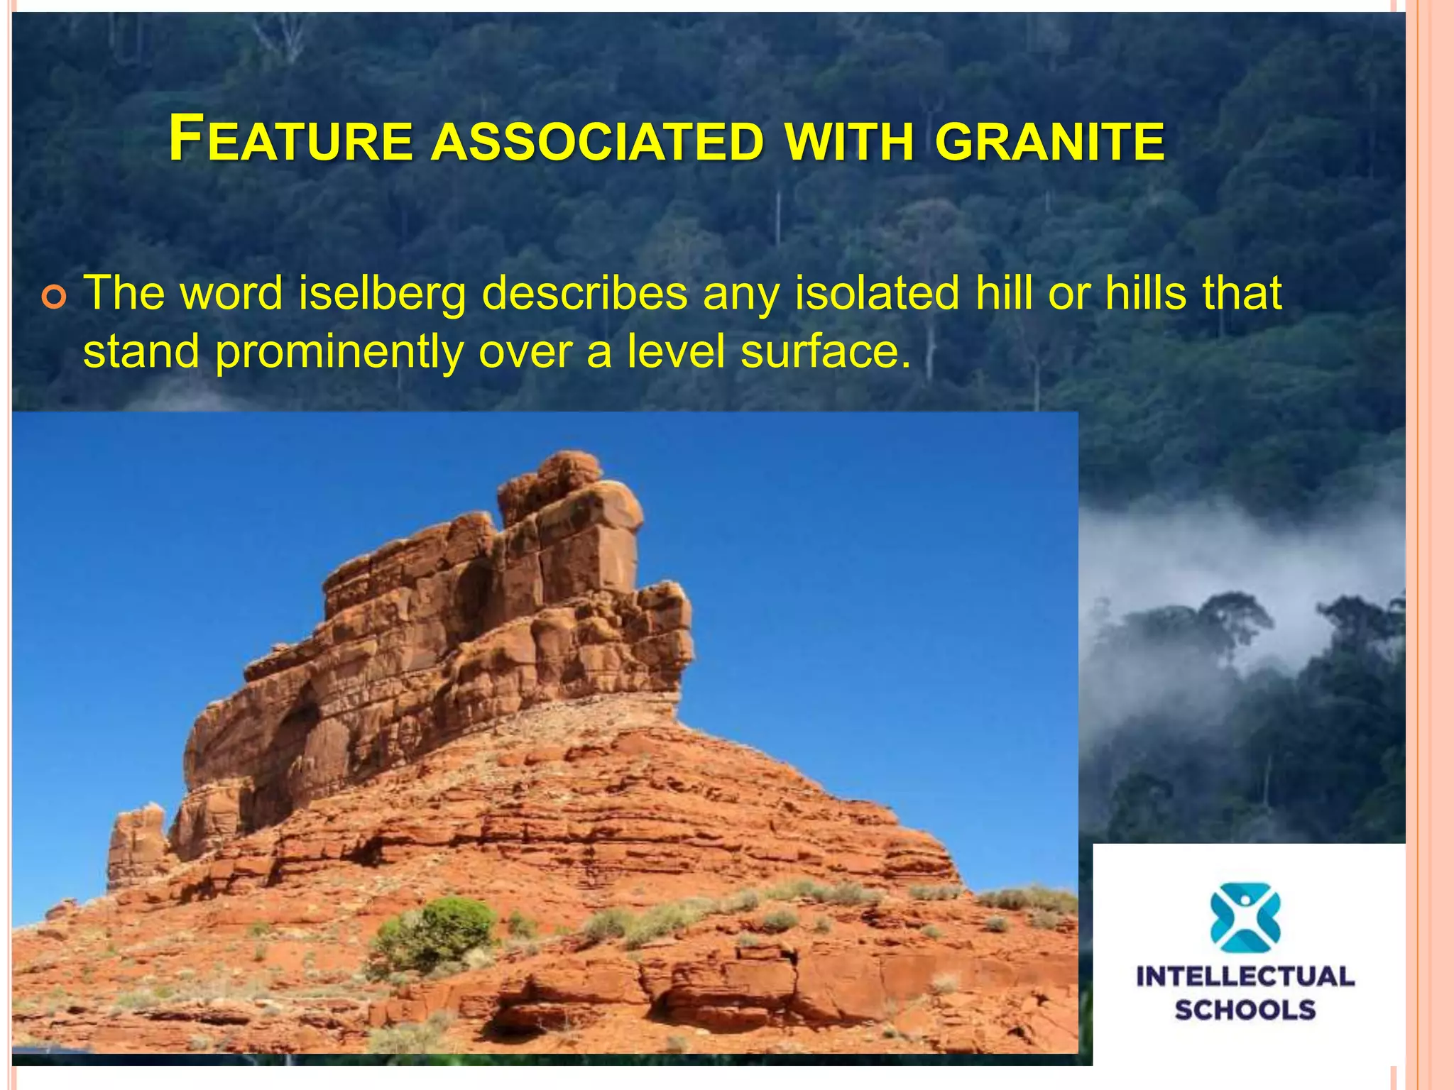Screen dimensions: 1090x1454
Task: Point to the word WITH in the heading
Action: click(x=849, y=141)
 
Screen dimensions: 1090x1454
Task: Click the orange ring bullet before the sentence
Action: click(x=54, y=298)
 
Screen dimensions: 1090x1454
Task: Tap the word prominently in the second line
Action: click(x=339, y=351)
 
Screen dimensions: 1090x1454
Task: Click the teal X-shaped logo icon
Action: click(x=1245, y=917)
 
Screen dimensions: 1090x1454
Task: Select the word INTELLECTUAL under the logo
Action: click(x=1245, y=976)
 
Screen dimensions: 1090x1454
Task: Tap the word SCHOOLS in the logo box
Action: click(x=1245, y=1010)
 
